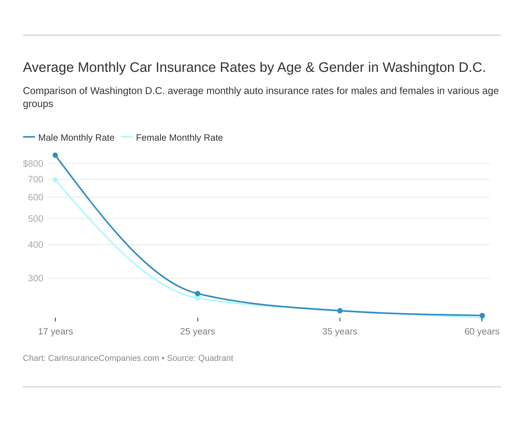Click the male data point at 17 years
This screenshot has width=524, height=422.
(55, 155)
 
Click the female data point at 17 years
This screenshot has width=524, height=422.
(55, 180)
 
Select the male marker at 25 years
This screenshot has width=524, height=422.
(197, 294)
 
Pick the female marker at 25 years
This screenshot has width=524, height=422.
(197, 299)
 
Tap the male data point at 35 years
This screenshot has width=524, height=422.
(340, 311)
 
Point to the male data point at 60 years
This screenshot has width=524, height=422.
(482, 315)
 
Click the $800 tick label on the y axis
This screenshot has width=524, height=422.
(33, 164)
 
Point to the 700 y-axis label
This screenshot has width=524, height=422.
(36, 179)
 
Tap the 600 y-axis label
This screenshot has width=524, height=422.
(36, 197)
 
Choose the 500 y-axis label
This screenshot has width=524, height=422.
(36, 219)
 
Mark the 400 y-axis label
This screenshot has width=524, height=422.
(36, 245)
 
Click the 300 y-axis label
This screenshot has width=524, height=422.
(36, 278)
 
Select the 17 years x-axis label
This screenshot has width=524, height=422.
(55, 331)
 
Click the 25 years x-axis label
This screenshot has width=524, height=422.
(197, 331)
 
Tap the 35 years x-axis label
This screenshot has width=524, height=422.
(340, 331)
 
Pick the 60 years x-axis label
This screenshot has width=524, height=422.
(482, 331)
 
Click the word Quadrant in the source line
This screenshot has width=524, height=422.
(216, 358)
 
